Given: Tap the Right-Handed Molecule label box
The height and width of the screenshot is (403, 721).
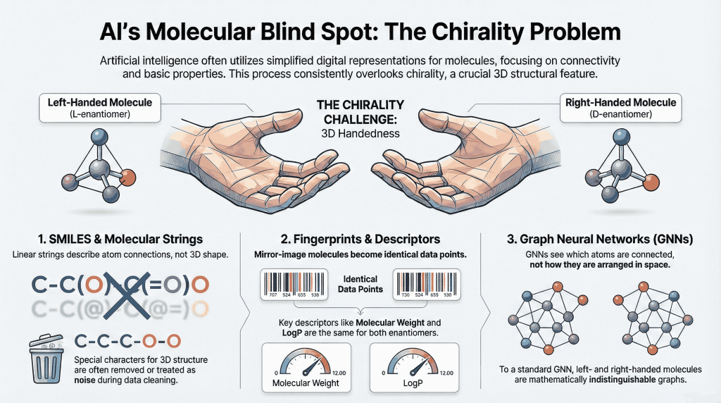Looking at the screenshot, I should tap(621, 107).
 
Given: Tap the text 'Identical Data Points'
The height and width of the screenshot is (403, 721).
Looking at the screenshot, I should tap(360, 285).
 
